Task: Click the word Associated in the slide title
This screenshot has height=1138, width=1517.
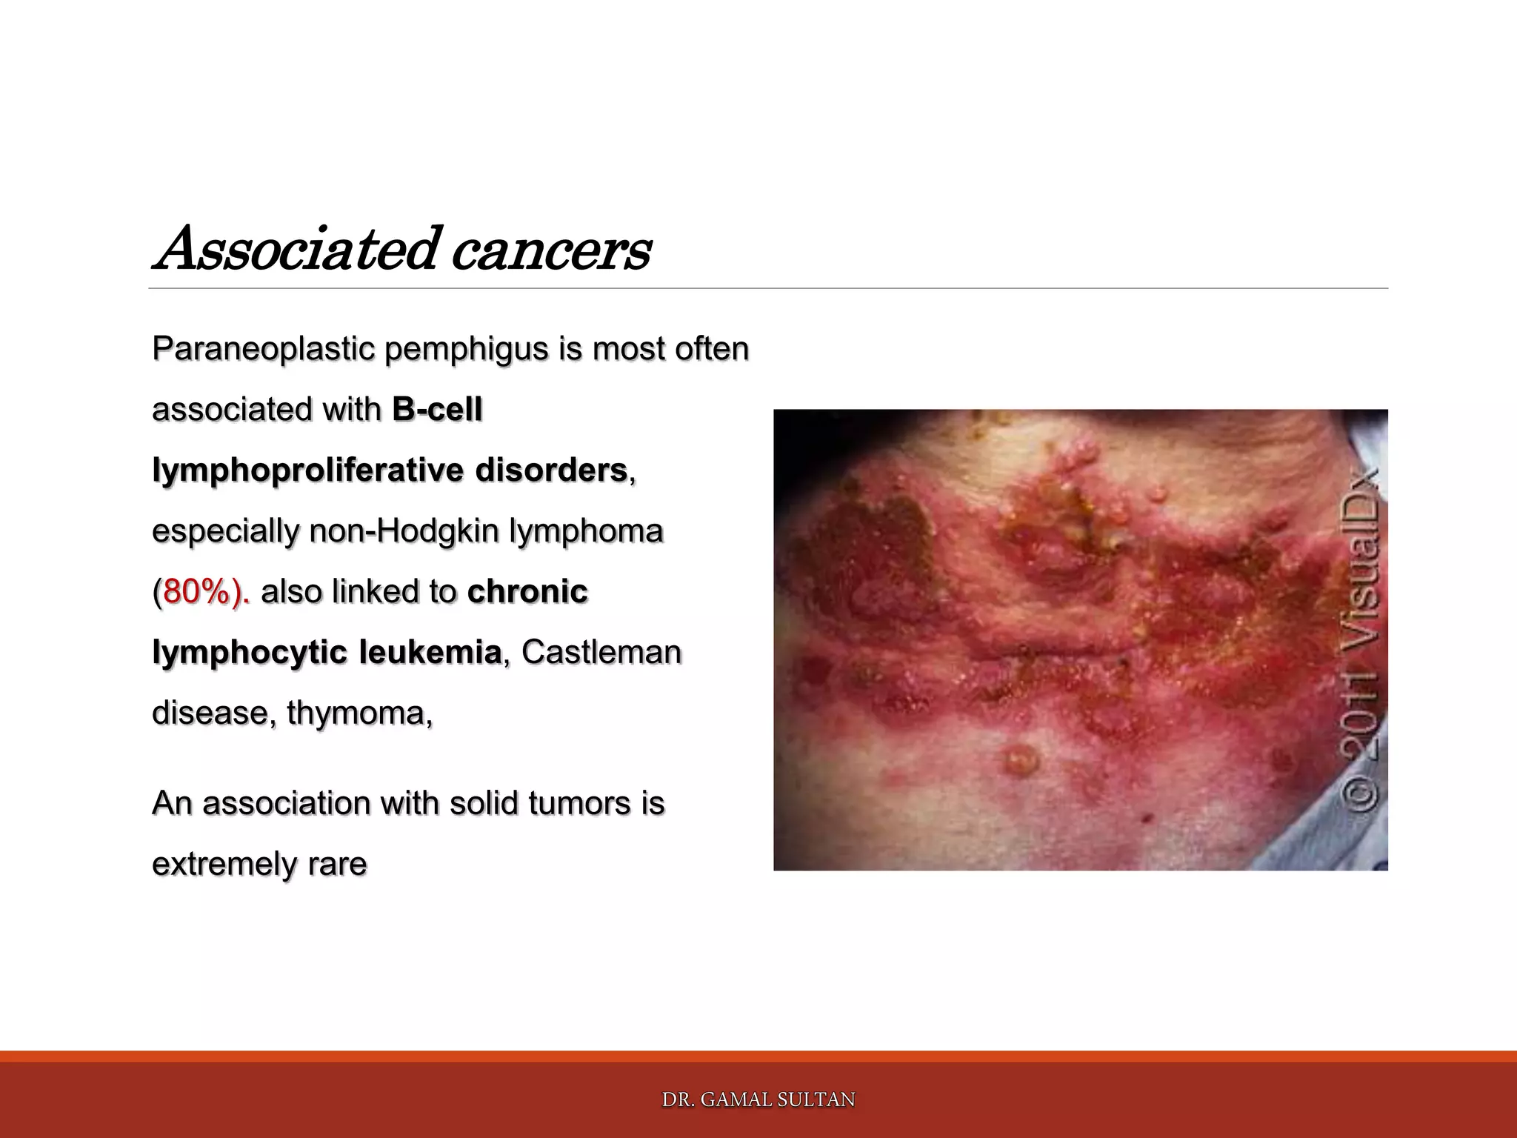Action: coord(296,249)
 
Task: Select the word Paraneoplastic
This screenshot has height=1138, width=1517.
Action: coord(262,349)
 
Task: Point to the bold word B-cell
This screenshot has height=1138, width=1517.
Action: coord(437,410)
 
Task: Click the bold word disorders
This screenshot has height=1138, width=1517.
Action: coord(551,470)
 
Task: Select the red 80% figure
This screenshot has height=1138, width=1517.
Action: coord(197,592)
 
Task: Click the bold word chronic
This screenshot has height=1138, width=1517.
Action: coord(527,592)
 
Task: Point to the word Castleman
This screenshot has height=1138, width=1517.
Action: coord(601,653)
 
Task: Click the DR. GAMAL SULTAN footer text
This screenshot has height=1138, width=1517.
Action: coord(758,1100)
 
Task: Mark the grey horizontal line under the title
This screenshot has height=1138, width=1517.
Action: coord(767,288)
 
